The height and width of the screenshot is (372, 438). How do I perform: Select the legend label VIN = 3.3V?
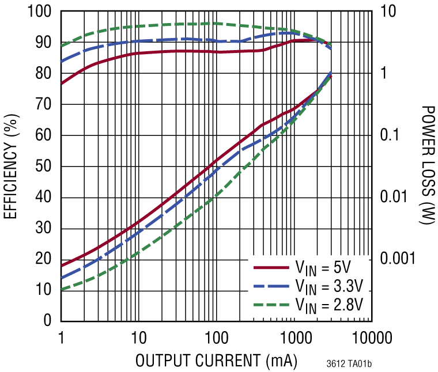click(x=330, y=286)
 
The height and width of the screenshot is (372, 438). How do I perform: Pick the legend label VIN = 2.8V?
click(x=330, y=303)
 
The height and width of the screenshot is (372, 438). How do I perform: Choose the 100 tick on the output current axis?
click(x=216, y=337)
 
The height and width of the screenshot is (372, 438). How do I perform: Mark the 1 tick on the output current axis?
click(x=61, y=337)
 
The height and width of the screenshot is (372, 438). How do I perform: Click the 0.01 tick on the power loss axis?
click(x=395, y=197)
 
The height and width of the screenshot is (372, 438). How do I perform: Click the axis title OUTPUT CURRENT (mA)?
click(x=216, y=360)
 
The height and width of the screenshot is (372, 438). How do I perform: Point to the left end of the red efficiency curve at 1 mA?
click(x=62, y=83)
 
